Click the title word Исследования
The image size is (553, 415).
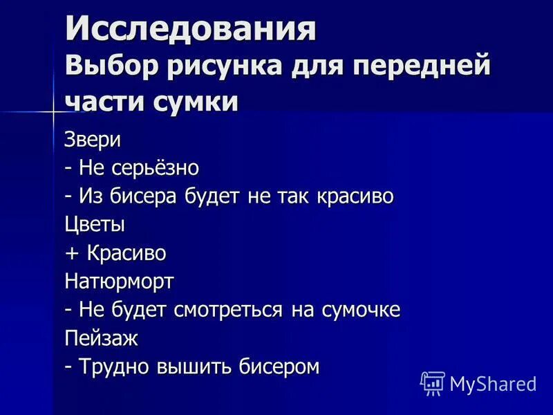click(191, 30)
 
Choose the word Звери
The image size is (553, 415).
click(93, 139)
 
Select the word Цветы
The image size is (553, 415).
click(95, 225)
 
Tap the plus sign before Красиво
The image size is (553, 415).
click(73, 254)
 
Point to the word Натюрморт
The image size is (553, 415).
click(120, 282)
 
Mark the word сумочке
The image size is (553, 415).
click(360, 310)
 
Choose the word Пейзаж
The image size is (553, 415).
click(102, 339)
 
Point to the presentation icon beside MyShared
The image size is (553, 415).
click(432, 383)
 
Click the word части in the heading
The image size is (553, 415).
click(102, 102)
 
